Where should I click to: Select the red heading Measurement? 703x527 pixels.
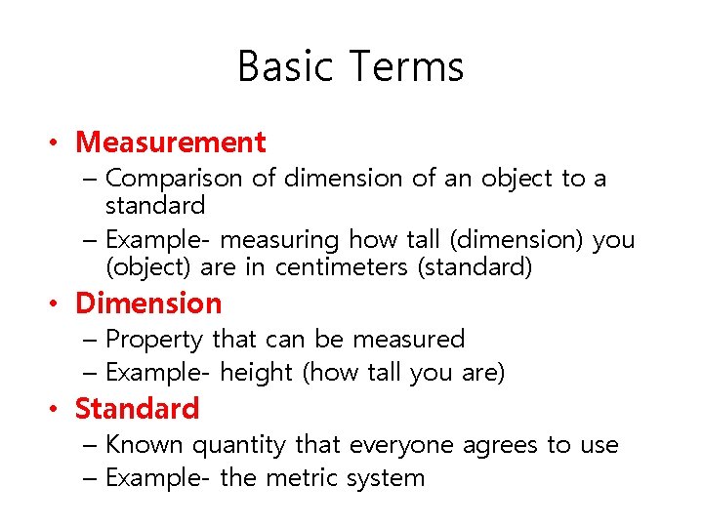171,142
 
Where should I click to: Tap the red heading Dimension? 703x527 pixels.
148,304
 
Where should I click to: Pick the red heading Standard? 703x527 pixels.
137,408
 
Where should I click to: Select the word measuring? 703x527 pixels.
292,240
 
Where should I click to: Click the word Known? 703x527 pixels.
145,445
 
